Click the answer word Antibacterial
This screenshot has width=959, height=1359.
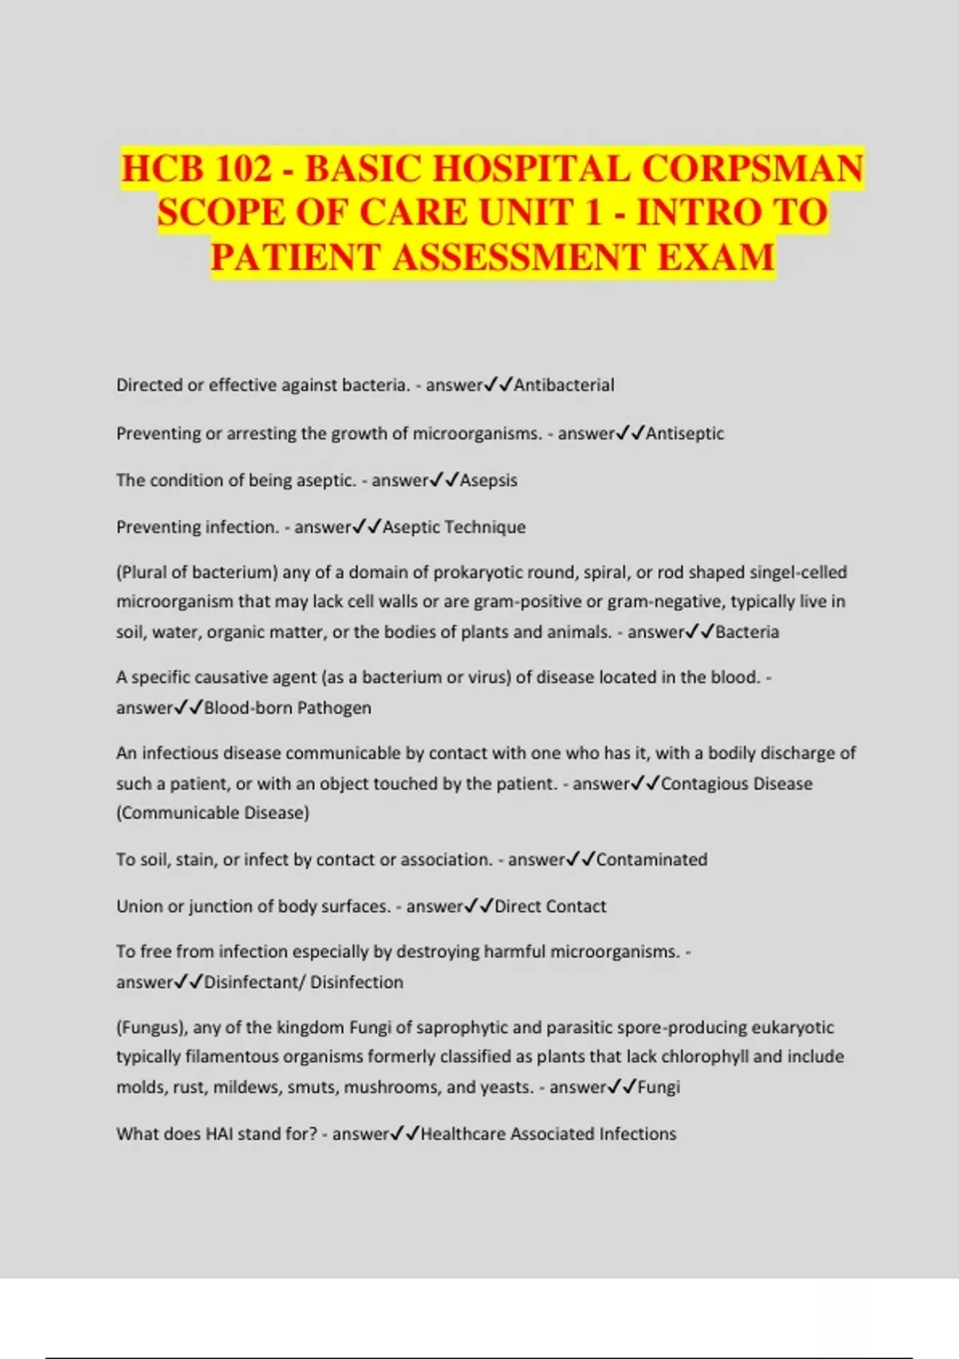point(564,385)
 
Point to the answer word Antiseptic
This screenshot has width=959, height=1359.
point(685,433)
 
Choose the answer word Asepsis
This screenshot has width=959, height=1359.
point(488,480)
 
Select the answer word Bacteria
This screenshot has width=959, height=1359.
point(747,632)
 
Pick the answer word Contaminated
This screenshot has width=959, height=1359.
point(651,859)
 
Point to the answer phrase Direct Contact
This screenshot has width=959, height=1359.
point(551,907)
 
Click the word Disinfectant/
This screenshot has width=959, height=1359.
point(255,982)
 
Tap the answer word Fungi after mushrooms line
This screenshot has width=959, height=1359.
point(659,1087)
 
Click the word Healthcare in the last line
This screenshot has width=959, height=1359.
point(464,1134)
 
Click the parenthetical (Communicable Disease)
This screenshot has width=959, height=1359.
point(213,813)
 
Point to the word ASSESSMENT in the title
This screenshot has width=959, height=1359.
point(519,257)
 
